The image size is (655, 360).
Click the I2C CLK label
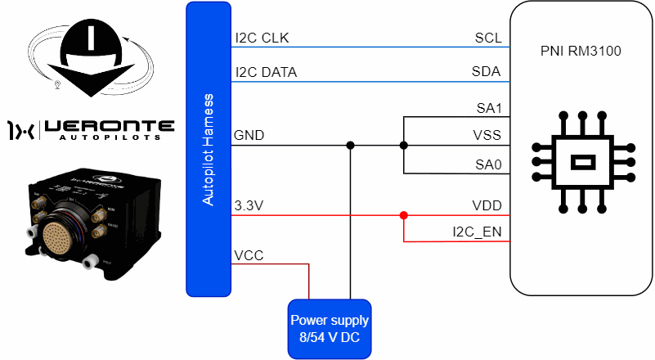(x=262, y=38)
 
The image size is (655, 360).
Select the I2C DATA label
(x=265, y=72)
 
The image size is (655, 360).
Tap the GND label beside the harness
(x=249, y=135)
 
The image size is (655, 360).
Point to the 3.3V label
(x=249, y=205)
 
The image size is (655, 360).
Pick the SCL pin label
(x=487, y=38)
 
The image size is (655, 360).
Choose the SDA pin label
(x=487, y=72)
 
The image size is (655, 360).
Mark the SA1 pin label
(x=488, y=107)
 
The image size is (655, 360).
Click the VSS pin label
(x=487, y=135)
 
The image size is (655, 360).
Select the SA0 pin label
(x=488, y=164)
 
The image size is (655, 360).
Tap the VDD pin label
(x=487, y=205)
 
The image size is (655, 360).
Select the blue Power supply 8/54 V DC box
(x=330, y=328)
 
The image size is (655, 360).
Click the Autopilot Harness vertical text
(x=208, y=150)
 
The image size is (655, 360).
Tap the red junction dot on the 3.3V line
(x=404, y=216)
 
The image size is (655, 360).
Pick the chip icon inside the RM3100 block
(x=582, y=161)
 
